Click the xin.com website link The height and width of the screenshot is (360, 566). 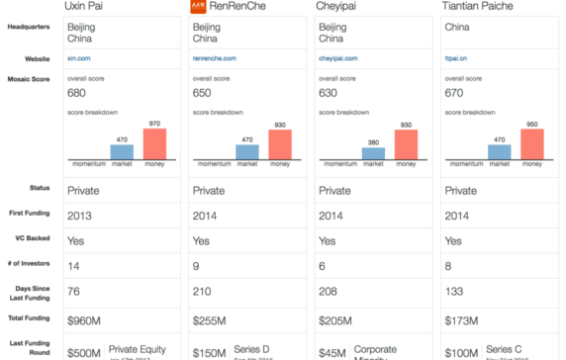pyautogui.click(x=78, y=59)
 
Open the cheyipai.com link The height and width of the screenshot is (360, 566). pyautogui.click(x=336, y=59)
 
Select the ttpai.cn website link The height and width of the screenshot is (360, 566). pyautogui.click(x=455, y=59)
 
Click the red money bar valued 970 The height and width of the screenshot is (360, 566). pyautogui.click(x=155, y=143)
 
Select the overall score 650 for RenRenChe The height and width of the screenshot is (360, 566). pyautogui.click(x=203, y=92)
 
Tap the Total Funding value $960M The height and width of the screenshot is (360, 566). pyautogui.click(x=85, y=321)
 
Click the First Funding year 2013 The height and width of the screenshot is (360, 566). pyautogui.click(x=80, y=215)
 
